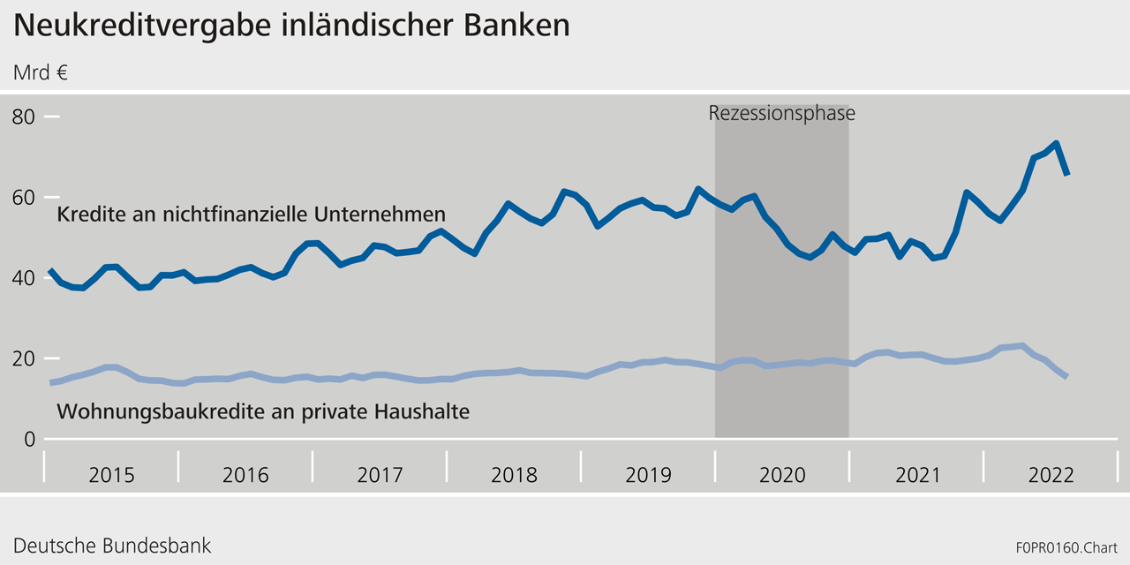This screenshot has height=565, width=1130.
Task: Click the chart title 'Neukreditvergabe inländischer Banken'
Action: click(291, 26)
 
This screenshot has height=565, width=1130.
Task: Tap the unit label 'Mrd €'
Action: click(41, 72)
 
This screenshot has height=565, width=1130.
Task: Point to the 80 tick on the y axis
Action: click(24, 117)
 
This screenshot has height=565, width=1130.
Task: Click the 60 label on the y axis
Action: click(24, 197)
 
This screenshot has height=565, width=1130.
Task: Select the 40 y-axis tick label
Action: click(24, 278)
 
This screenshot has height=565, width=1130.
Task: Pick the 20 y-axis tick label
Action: click(24, 358)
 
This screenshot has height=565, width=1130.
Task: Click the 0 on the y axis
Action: click(29, 439)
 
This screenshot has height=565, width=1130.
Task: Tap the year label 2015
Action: click(112, 475)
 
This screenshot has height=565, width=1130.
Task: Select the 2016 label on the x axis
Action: click(245, 475)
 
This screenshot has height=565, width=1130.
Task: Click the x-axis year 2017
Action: click(380, 475)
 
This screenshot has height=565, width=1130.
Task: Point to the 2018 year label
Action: click(514, 475)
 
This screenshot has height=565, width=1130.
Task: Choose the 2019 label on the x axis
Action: click(648, 475)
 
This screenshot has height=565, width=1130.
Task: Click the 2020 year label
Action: click(782, 475)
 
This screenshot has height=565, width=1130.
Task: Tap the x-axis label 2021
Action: click(917, 475)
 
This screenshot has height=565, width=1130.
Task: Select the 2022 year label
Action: click(1051, 475)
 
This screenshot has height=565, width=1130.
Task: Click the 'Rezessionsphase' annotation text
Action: click(781, 113)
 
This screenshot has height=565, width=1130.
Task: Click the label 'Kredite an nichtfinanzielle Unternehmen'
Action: click(251, 215)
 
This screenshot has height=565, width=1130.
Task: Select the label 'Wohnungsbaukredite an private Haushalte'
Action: click(262, 411)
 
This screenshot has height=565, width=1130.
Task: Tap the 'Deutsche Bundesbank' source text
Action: click(112, 545)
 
